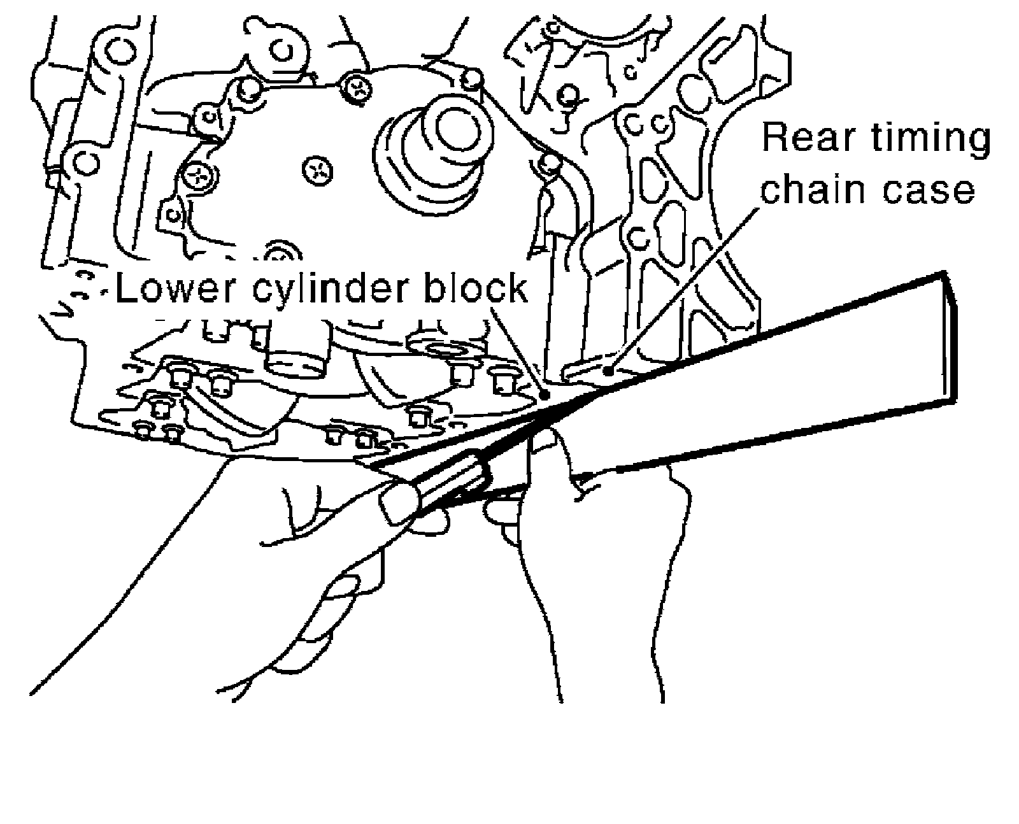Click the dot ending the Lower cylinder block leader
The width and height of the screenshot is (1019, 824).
coord(545,395)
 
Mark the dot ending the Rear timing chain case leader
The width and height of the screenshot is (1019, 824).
coord(609,369)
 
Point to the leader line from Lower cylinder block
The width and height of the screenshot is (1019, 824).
coord(519,350)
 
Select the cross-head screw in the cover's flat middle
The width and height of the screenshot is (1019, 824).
coord(317,169)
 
